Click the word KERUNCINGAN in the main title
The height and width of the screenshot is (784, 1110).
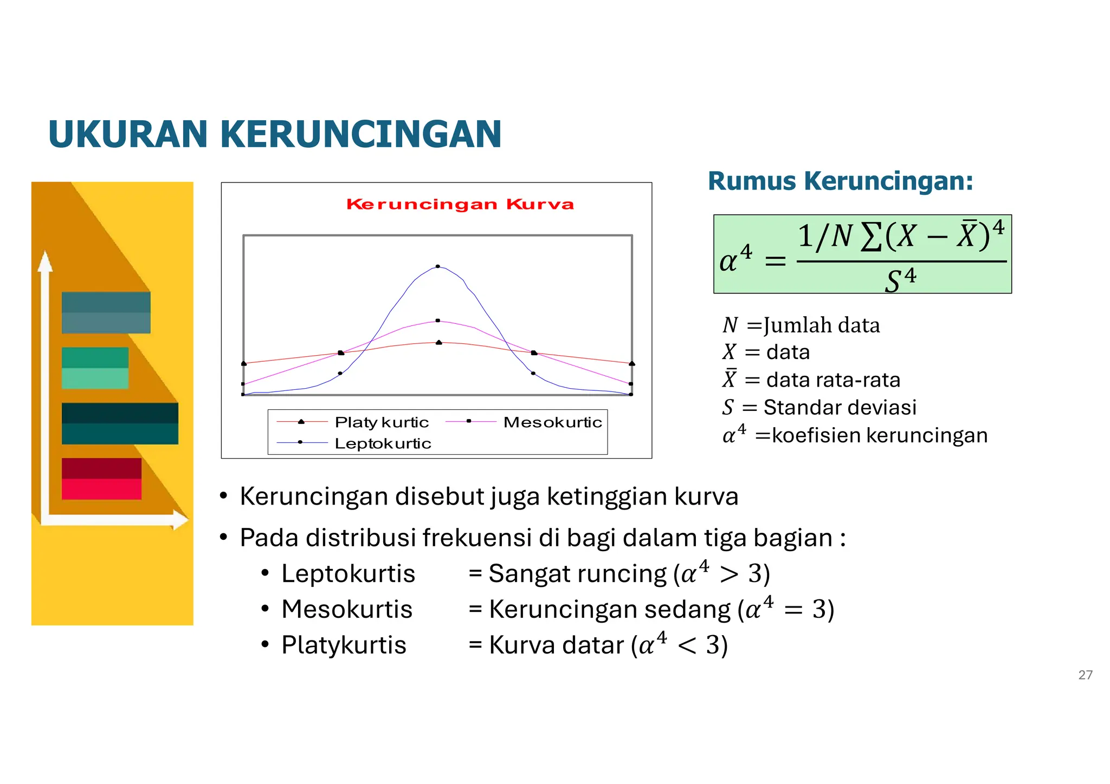(x=360, y=134)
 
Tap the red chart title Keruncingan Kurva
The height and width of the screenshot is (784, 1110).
(x=460, y=204)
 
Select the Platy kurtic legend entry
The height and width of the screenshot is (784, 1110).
(x=382, y=422)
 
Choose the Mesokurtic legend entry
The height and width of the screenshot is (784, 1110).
(x=552, y=422)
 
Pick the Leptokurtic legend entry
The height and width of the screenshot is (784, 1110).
(x=383, y=443)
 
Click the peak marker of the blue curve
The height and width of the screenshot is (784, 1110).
(x=438, y=266)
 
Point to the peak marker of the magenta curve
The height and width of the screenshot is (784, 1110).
(x=438, y=321)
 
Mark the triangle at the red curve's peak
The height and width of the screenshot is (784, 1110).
(x=439, y=342)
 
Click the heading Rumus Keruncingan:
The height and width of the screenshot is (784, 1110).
(x=840, y=181)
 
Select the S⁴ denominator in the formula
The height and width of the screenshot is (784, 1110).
(x=900, y=280)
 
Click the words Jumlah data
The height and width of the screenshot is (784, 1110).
(x=822, y=325)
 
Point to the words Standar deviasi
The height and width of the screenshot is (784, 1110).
(x=840, y=407)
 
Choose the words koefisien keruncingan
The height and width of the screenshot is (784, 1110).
(x=879, y=435)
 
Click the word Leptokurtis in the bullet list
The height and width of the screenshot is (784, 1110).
(x=348, y=573)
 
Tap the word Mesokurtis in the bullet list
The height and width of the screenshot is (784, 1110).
(x=347, y=609)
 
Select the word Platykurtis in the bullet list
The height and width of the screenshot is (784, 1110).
(x=344, y=645)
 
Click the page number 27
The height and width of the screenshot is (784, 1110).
(x=1085, y=675)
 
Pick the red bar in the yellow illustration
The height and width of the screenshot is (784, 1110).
(x=101, y=479)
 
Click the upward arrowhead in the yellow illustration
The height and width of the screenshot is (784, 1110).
(x=46, y=262)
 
